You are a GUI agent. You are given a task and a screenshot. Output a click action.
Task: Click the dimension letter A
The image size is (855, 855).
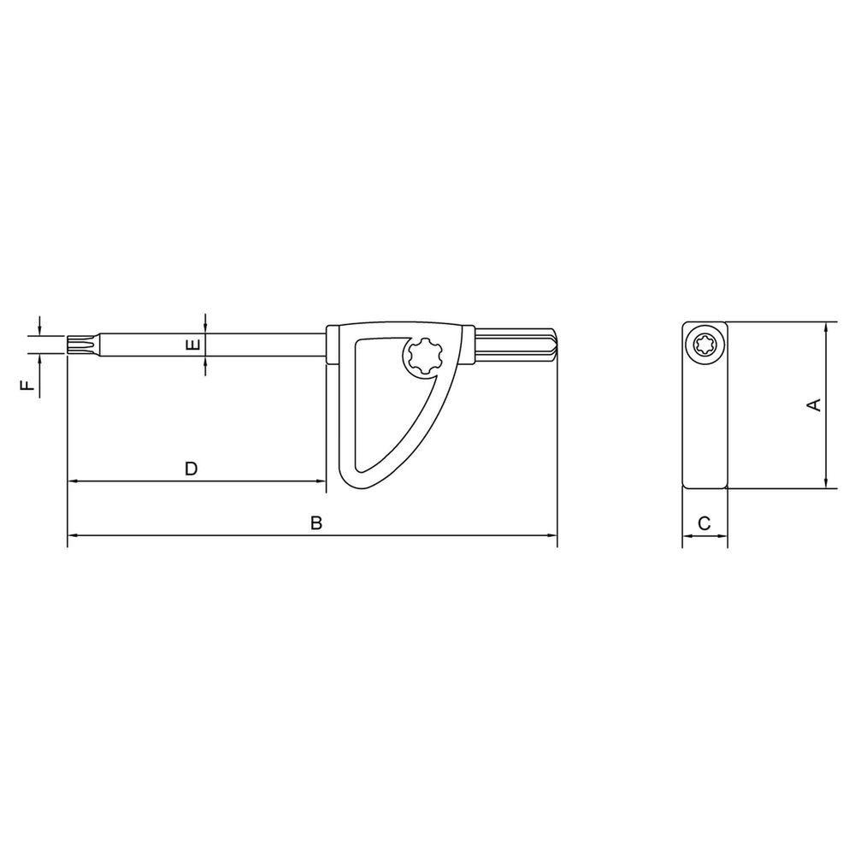(814, 404)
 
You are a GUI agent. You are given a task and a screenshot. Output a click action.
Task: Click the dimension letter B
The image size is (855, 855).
(316, 523)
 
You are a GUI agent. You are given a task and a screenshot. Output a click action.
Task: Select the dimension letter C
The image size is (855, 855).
(705, 523)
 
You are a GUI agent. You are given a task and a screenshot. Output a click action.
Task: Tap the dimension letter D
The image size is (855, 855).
(191, 469)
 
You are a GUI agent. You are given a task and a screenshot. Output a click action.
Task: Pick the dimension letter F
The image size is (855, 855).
(27, 386)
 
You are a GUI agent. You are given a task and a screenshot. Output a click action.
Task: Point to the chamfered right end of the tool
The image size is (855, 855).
(553, 345)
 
